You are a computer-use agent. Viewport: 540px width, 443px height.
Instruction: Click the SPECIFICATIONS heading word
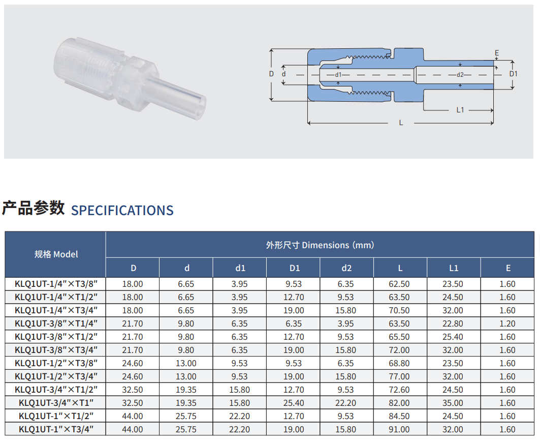tap(122, 210)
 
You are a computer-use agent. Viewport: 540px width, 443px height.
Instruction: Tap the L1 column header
tap(454, 268)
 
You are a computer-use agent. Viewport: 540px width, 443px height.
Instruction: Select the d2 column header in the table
tap(346, 268)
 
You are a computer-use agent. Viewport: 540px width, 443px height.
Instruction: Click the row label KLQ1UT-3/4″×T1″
tap(56, 403)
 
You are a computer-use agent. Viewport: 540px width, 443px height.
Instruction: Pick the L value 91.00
tap(399, 429)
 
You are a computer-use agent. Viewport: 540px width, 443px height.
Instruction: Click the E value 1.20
tap(507, 323)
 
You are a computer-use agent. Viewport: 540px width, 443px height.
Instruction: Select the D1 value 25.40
tap(294, 403)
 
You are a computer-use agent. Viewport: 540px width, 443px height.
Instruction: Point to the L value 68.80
tap(399, 363)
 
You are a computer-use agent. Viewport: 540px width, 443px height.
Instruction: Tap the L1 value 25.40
tap(453, 337)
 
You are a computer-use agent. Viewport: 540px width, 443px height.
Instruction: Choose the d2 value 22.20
tap(346, 403)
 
